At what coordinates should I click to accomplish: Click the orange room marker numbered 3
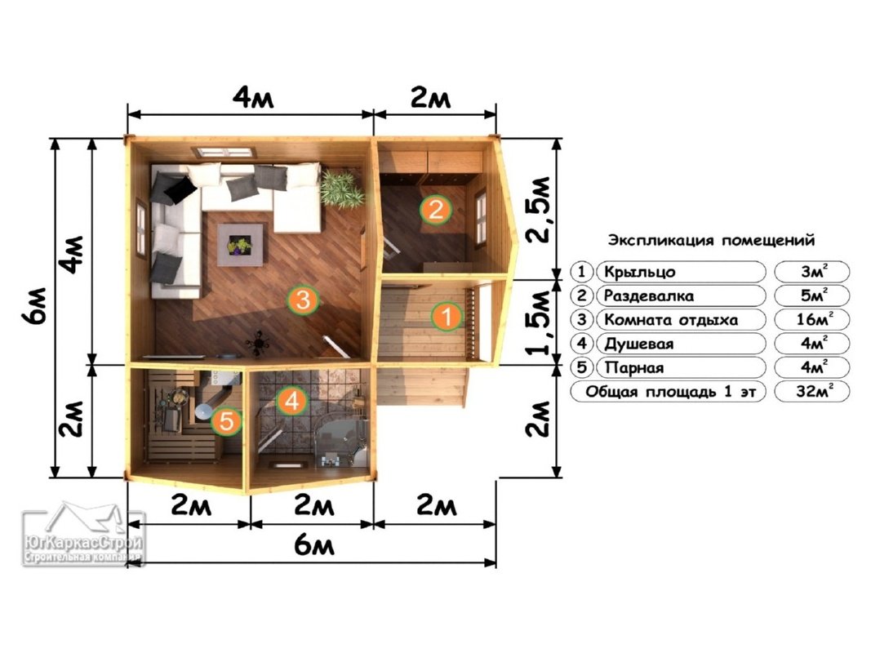pyautogui.click(x=304, y=300)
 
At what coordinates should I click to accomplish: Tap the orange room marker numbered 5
pyautogui.click(x=227, y=421)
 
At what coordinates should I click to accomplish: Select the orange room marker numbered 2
pyautogui.click(x=436, y=210)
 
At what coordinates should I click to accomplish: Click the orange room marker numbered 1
pyautogui.click(x=446, y=317)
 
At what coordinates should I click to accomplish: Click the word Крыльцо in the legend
pyautogui.click(x=640, y=272)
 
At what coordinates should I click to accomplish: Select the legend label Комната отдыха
pyautogui.click(x=671, y=320)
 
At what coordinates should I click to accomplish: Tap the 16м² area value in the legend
pyautogui.click(x=812, y=319)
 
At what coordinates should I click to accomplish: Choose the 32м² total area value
pyautogui.click(x=813, y=391)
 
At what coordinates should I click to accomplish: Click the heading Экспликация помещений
pyautogui.click(x=711, y=240)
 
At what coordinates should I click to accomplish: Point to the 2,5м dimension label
pyautogui.click(x=538, y=209)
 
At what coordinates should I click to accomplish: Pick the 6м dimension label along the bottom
pyautogui.click(x=314, y=545)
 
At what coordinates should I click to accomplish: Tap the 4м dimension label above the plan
pyautogui.click(x=253, y=98)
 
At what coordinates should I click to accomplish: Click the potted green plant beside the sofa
pyautogui.click(x=341, y=189)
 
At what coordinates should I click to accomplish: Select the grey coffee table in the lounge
pyautogui.click(x=240, y=245)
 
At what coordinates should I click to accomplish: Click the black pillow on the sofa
pyautogui.click(x=180, y=189)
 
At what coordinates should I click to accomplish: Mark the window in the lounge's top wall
pyautogui.click(x=224, y=152)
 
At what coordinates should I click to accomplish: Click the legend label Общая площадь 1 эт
pyautogui.click(x=670, y=392)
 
